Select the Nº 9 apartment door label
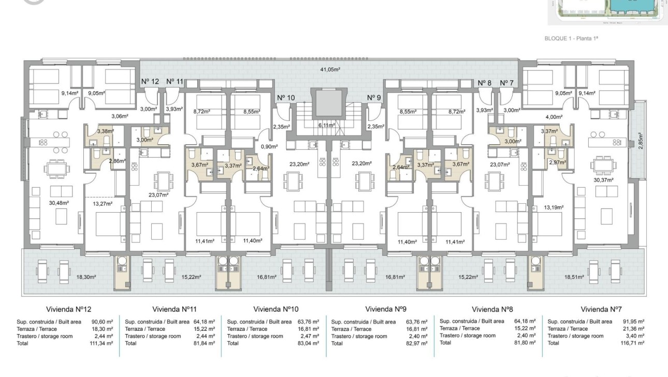click(374, 97)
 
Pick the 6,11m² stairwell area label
click(327, 125)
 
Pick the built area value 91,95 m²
click(633, 322)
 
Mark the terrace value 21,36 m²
click(633, 329)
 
